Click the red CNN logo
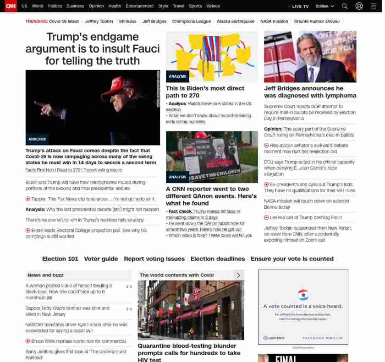tap(11, 6)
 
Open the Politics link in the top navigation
tap(55, 6)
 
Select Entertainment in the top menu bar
tap(140, 6)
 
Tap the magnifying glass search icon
tap(345, 6)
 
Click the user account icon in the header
tap(359, 6)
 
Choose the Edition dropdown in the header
tap(324, 6)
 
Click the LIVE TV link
tap(299, 6)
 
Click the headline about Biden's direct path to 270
tap(205, 92)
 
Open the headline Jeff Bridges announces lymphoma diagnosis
tap(310, 92)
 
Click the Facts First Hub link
tap(39, 170)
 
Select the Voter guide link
tap(101, 259)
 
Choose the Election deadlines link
tap(218, 259)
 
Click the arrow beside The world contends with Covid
tap(238, 275)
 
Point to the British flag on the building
tap(197, 292)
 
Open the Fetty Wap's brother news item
tap(67, 311)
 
